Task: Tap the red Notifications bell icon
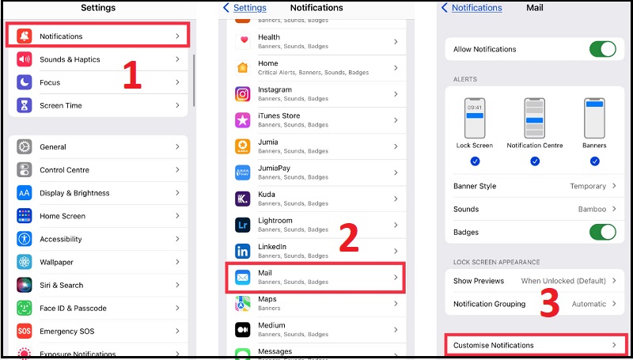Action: [25, 36]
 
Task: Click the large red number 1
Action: [131, 74]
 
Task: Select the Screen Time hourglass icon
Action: [25, 105]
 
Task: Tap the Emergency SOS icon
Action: [25, 331]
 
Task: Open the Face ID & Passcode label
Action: [73, 308]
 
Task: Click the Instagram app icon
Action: [243, 94]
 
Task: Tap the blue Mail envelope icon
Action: [243, 277]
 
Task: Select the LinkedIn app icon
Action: [243, 251]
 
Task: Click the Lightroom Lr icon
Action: [243, 225]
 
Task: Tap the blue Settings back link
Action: [244, 8]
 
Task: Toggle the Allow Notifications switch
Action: [602, 49]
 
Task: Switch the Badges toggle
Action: [602, 232]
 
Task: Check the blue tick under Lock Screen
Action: [475, 161]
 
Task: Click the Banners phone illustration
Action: [594, 118]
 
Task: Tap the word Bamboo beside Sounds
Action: [592, 209]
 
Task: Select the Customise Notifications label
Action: [493, 345]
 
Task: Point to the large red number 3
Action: [551, 303]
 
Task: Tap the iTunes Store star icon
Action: [243, 120]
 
